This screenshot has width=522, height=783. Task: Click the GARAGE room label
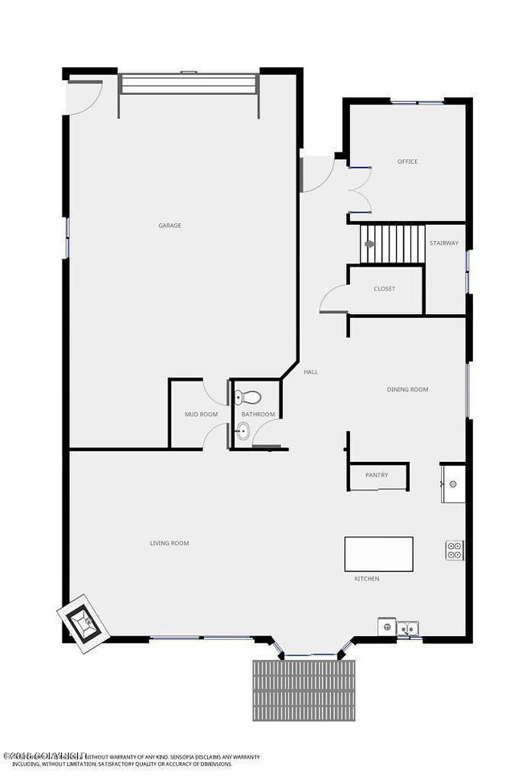point(169,226)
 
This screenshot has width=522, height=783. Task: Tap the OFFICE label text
point(407,161)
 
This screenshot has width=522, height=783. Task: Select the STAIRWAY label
point(444,243)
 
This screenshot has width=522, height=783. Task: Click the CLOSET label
point(385,289)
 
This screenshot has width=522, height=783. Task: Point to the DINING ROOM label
point(407,389)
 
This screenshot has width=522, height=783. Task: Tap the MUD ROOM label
point(201,414)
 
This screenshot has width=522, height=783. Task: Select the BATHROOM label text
point(258,414)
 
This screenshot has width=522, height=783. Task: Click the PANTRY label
point(377,475)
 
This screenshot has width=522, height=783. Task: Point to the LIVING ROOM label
point(169,544)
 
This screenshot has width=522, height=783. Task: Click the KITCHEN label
point(367,578)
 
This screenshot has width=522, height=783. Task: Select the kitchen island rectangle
point(378,553)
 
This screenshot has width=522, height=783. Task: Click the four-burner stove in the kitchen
point(455,550)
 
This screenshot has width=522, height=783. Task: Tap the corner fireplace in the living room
point(81,622)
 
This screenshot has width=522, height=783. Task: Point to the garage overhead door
point(188,85)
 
